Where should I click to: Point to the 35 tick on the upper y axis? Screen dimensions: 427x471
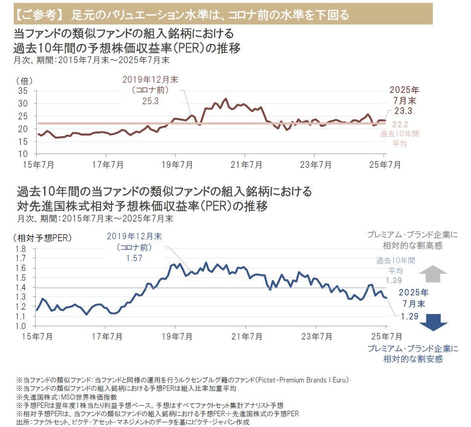[23, 91]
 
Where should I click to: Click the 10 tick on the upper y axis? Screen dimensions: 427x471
[23, 154]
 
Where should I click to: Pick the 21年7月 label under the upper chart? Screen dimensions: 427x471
[249, 165]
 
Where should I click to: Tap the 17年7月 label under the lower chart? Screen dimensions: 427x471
[110, 337]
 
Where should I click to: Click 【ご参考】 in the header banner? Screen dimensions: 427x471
[39, 15]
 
